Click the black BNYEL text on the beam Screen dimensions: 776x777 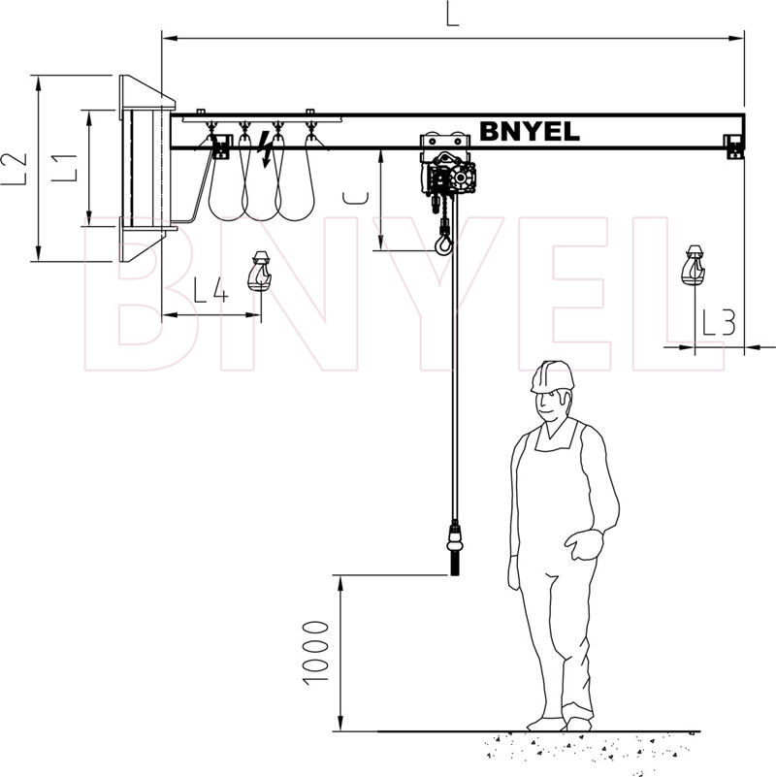coord(530,131)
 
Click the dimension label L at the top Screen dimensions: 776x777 coord(452,15)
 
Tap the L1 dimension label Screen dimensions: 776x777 coord(65,168)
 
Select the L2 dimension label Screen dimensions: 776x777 coord(14,169)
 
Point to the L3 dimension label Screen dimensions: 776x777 coord(719,322)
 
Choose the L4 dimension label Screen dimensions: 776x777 coord(210,290)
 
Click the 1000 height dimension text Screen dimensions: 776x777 coord(315,653)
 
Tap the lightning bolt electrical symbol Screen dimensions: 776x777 coord(266,148)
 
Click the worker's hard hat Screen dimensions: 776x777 coord(552,377)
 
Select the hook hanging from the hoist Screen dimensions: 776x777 coord(443,243)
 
